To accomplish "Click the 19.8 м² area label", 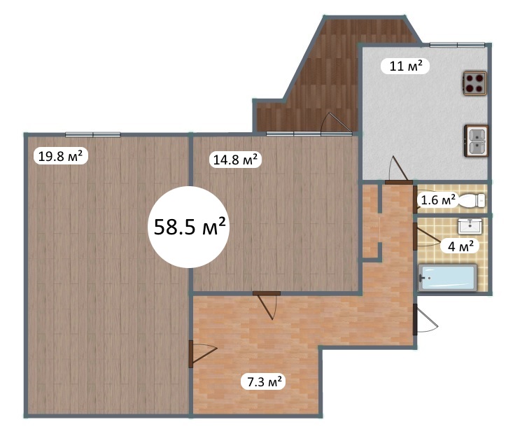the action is [x=61, y=156].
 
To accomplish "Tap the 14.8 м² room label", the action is [x=235, y=160].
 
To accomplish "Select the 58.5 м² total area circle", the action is [x=189, y=227].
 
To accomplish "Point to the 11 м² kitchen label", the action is [x=405, y=66].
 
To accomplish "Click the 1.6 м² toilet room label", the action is [x=437, y=200].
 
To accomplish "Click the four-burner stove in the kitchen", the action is [x=475, y=83].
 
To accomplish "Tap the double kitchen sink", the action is [x=476, y=141].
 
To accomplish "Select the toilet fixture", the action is [x=471, y=200].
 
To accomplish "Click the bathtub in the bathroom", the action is [x=447, y=278].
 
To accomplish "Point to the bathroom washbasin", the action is [x=470, y=226].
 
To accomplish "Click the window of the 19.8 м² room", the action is [x=93, y=134].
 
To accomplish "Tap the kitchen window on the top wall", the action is [x=457, y=45].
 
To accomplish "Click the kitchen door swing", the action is [x=399, y=170].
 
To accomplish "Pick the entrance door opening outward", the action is [x=426, y=319].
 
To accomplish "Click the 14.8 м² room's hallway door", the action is [x=267, y=305].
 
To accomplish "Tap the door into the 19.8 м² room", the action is [x=202, y=354].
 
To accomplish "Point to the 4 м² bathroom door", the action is [x=427, y=236].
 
